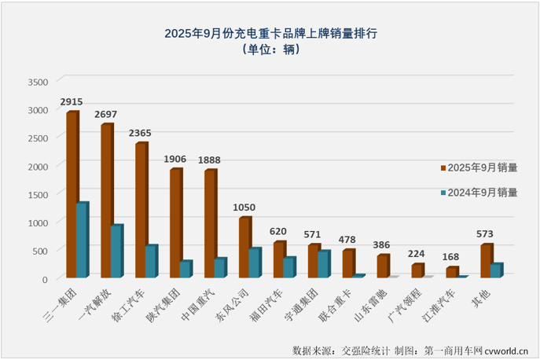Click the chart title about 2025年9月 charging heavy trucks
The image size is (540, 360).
[x=270, y=34]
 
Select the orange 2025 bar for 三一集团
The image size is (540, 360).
[x=72, y=194]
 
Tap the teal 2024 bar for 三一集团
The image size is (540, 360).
[x=83, y=240]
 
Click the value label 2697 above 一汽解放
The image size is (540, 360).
[x=107, y=115]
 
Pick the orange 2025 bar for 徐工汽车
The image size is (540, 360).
[x=141, y=210]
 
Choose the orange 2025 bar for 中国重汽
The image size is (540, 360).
[x=211, y=223]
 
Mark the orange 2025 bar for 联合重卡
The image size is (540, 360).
[x=348, y=263]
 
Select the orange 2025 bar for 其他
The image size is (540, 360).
[x=487, y=261]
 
